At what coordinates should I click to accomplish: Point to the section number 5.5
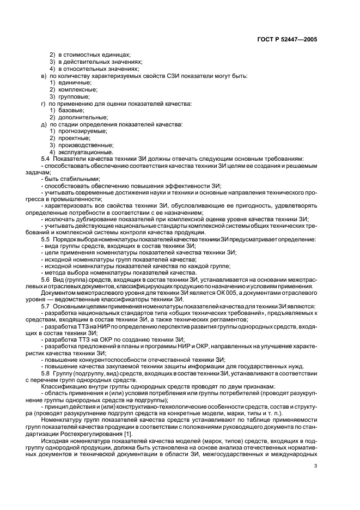pyautogui.click(x=46, y=239)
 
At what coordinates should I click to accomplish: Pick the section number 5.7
pyautogui.click(x=46, y=306)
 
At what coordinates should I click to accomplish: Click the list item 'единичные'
pyautogui.click(x=78, y=82)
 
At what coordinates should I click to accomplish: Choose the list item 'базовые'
pyautogui.click(x=76, y=111)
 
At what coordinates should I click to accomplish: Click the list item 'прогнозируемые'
pyautogui.click(x=86, y=131)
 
